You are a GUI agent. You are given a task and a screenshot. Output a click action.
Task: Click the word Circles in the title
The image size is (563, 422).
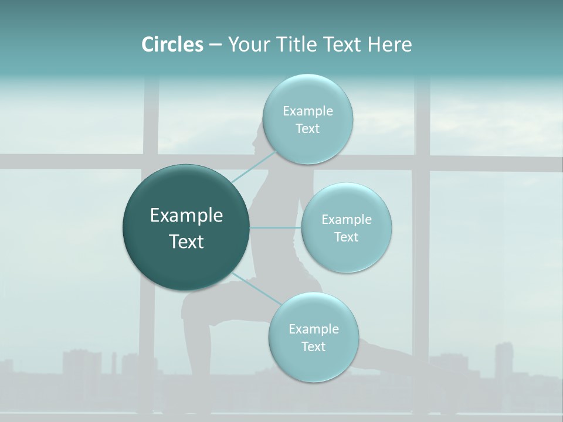click(172, 45)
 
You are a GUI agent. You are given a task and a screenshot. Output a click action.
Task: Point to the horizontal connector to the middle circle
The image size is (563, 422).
click(276, 227)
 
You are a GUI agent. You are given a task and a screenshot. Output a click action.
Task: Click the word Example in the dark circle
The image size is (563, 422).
click(186, 216)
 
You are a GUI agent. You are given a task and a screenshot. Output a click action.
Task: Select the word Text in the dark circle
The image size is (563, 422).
click(186, 241)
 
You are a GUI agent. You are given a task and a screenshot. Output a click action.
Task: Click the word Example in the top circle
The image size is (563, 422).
click(307, 111)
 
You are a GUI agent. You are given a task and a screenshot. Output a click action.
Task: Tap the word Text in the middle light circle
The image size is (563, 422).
click(346, 237)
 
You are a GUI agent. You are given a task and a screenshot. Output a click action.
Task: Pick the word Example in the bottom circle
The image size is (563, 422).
click(313, 329)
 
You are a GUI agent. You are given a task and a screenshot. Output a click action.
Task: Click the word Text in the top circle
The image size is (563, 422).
click(307, 129)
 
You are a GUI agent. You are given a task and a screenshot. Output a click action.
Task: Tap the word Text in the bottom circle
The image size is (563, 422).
click(313, 346)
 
